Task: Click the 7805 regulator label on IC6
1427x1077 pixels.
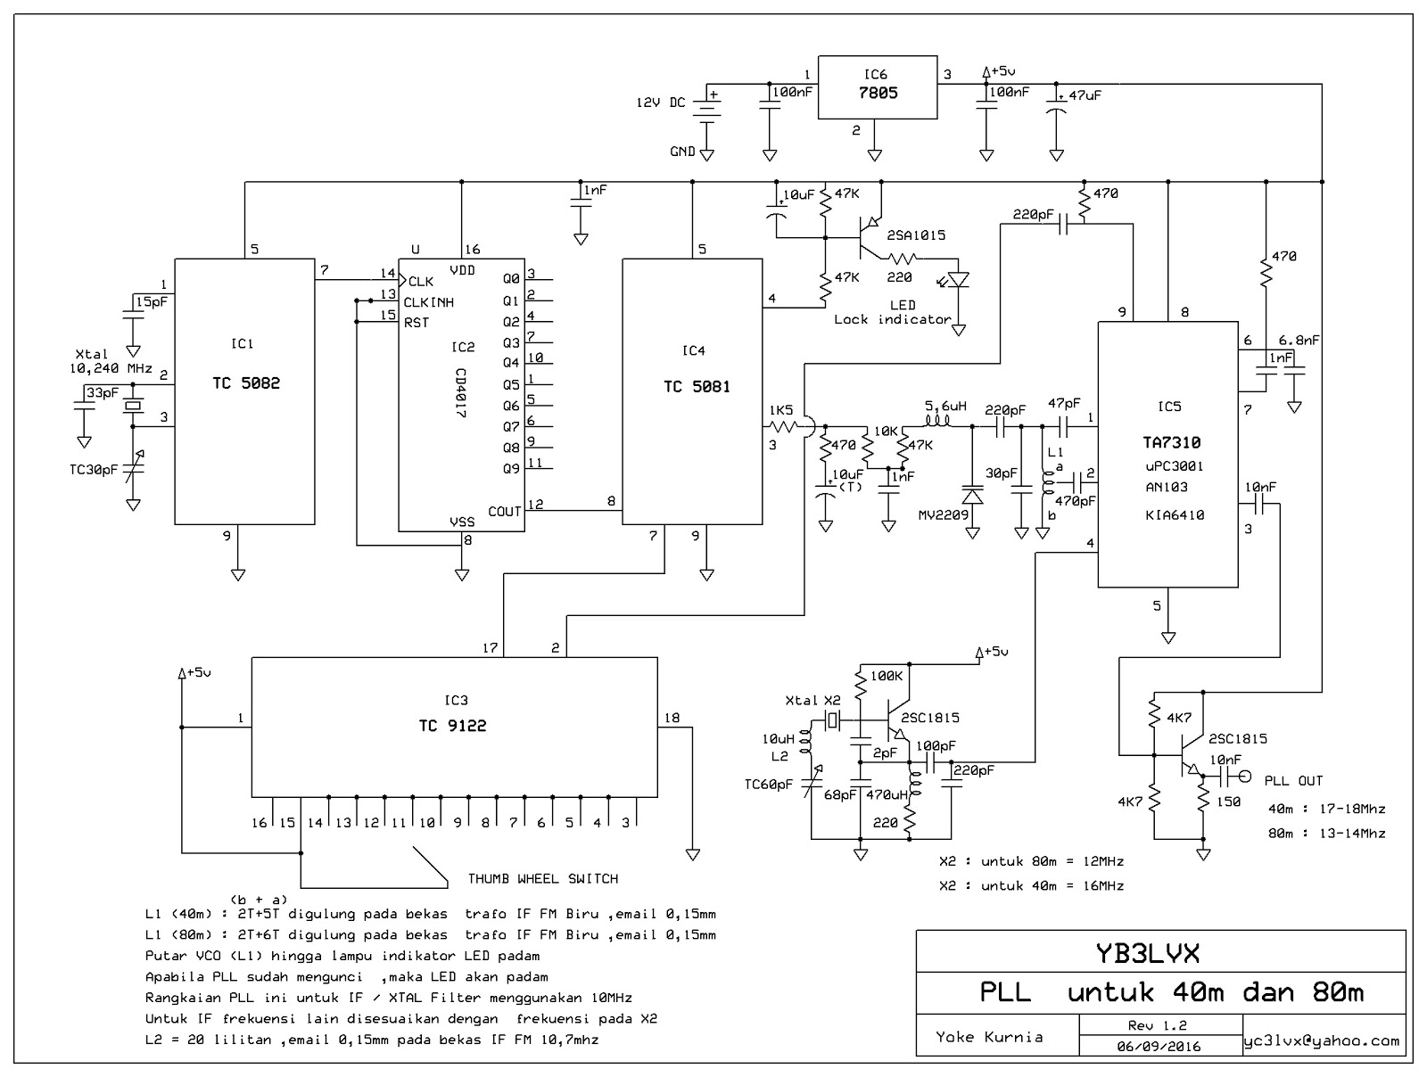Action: coord(878,93)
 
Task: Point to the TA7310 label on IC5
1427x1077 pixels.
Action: coord(1171,443)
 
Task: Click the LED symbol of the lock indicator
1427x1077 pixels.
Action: coord(958,278)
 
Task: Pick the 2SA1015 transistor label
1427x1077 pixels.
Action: coord(916,235)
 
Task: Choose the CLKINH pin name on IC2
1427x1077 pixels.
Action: coord(428,302)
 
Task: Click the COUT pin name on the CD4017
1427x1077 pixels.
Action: coord(504,512)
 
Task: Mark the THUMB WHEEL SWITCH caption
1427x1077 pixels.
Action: coord(542,878)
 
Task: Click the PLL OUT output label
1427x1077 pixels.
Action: coord(1293,781)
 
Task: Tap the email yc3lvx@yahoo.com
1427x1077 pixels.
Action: coord(1322,1040)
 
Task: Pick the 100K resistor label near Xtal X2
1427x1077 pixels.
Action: coord(886,677)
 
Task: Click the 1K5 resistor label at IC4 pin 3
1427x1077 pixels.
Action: coord(780,410)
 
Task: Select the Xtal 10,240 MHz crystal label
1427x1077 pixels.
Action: coord(110,361)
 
